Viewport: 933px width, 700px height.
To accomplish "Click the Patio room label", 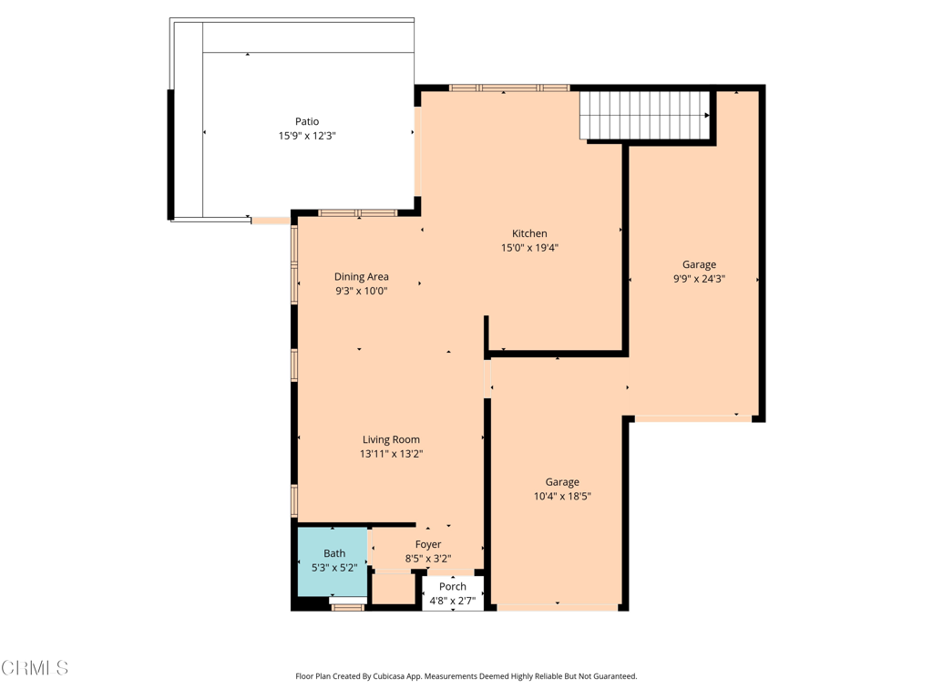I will pyautogui.click(x=307, y=121).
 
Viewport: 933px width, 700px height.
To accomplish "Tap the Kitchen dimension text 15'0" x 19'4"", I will pyautogui.click(x=529, y=248).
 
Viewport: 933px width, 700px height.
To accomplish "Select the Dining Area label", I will pyautogui.click(x=362, y=277).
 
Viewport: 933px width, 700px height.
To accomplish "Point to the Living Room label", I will pyautogui.click(x=391, y=439).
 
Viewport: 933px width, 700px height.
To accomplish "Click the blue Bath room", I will pyautogui.click(x=333, y=561).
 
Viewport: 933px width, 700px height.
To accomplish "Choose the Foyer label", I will pyautogui.click(x=428, y=545).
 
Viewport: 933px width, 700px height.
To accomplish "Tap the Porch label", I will pyautogui.click(x=453, y=586).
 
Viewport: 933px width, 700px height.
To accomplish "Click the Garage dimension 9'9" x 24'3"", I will pyautogui.click(x=699, y=280).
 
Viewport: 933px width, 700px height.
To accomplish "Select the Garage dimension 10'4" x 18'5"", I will pyautogui.click(x=562, y=497).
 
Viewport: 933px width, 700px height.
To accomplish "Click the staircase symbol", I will pyautogui.click(x=645, y=115).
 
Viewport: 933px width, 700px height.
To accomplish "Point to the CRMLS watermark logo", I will pyautogui.click(x=35, y=668).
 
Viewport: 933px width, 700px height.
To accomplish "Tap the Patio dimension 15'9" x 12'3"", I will pyautogui.click(x=307, y=136).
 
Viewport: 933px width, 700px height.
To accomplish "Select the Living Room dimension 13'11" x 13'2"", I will pyautogui.click(x=391, y=454).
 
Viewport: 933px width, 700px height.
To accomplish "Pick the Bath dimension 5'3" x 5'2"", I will pyautogui.click(x=334, y=568).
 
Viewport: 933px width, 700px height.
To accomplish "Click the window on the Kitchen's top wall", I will pyautogui.click(x=509, y=88).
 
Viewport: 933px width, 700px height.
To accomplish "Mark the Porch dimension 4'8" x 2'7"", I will pyautogui.click(x=453, y=601).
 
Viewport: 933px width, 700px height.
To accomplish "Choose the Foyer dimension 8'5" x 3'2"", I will pyautogui.click(x=428, y=560).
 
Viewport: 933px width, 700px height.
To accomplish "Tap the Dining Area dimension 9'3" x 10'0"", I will pyautogui.click(x=362, y=292).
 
